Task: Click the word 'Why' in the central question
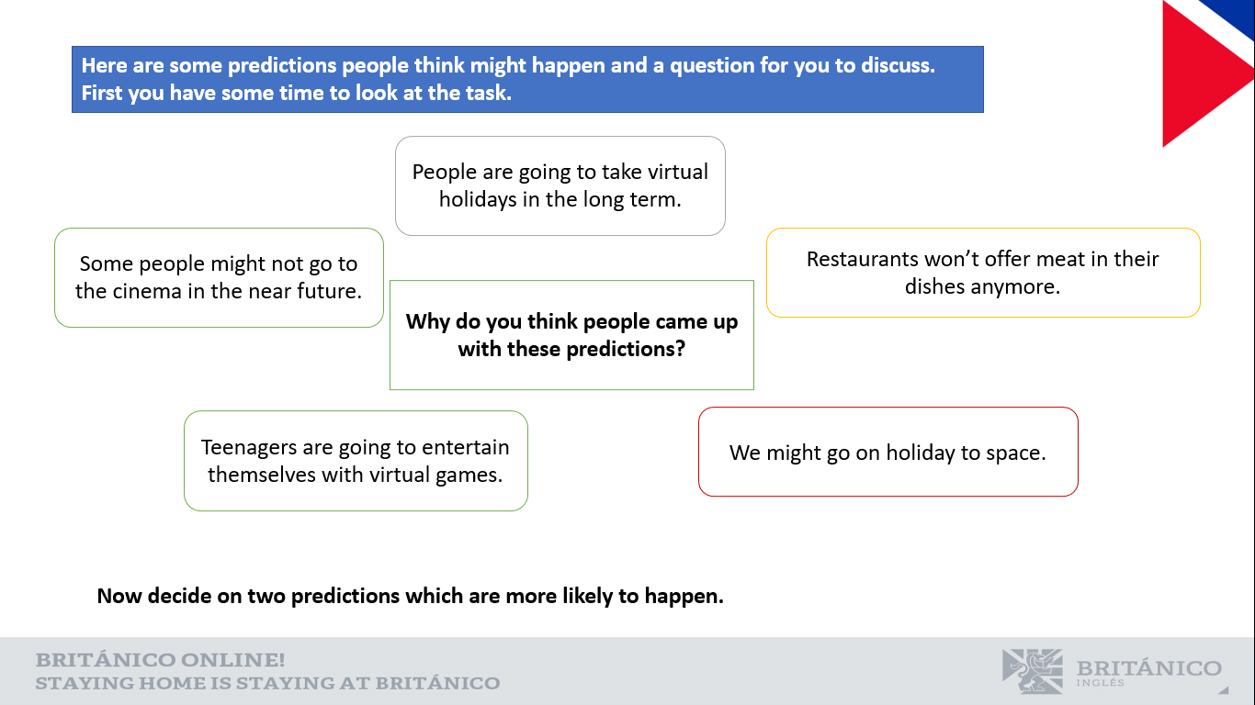pyautogui.click(x=427, y=322)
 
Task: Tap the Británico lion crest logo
pyautogui.click(x=1032, y=671)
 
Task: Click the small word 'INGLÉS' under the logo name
pyautogui.click(x=1100, y=683)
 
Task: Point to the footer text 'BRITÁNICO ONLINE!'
pyautogui.click(x=160, y=660)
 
